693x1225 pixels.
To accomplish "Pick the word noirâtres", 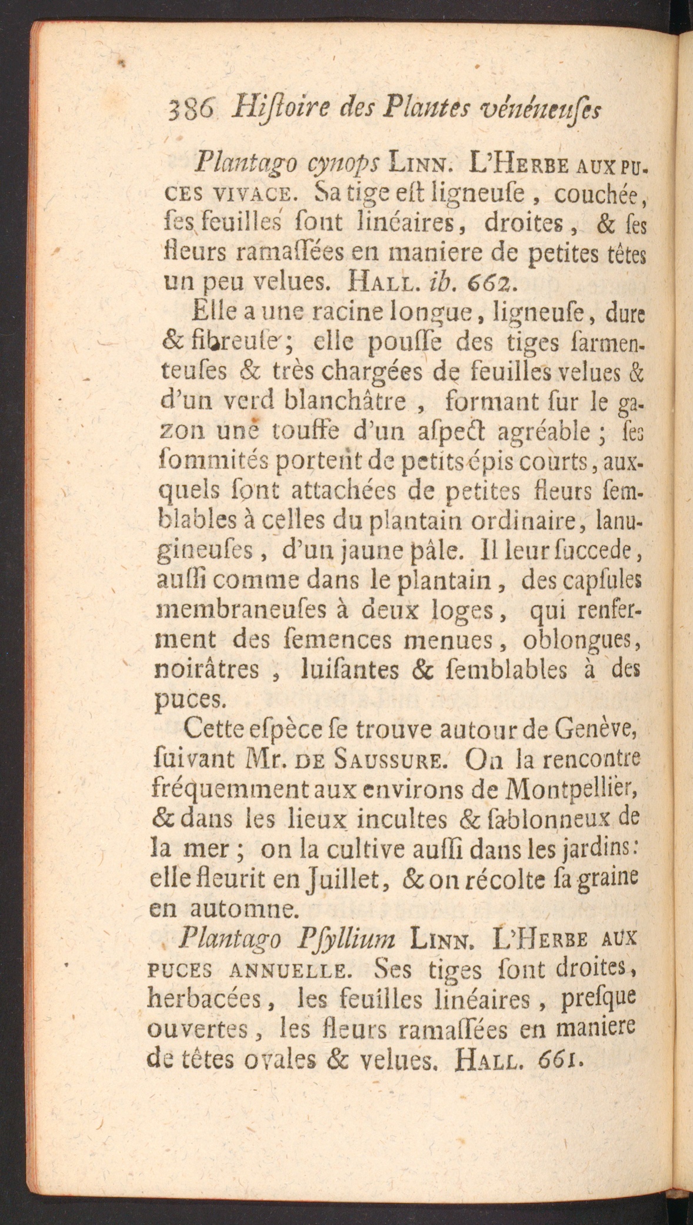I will point(214,670).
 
